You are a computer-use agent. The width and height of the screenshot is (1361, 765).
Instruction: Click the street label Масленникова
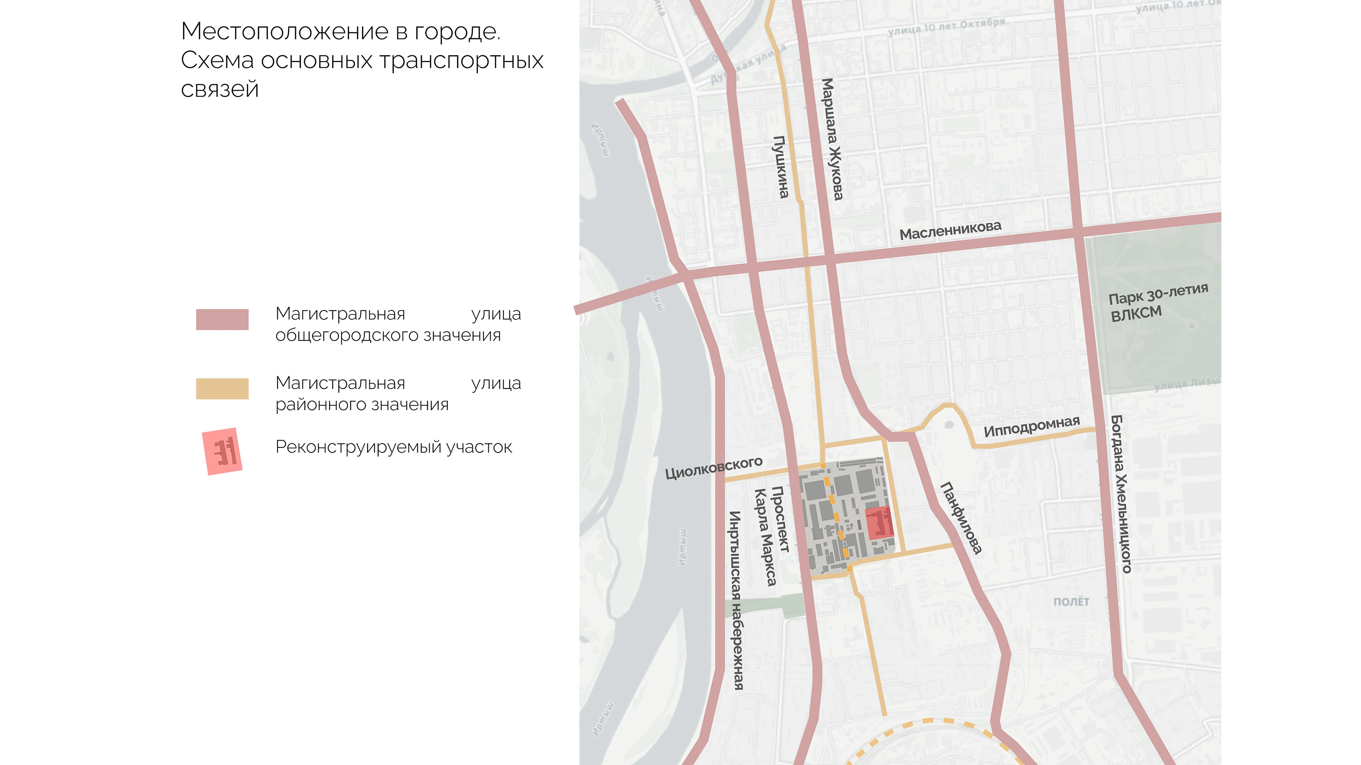pos(950,230)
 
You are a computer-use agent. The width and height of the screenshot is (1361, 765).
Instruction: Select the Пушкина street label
pos(781,167)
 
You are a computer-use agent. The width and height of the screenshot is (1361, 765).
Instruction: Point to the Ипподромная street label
pos(1031,426)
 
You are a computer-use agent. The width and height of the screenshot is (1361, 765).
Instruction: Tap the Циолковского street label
pos(713,467)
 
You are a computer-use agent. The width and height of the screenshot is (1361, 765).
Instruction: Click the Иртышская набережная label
pos(735,600)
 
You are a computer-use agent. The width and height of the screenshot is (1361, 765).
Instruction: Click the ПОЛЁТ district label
pos(1071,602)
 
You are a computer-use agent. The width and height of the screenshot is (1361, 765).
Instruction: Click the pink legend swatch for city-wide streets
pos(222,319)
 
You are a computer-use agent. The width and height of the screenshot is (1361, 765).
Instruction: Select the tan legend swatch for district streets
pos(222,389)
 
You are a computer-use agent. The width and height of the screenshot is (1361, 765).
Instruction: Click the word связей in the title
pos(220,89)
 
